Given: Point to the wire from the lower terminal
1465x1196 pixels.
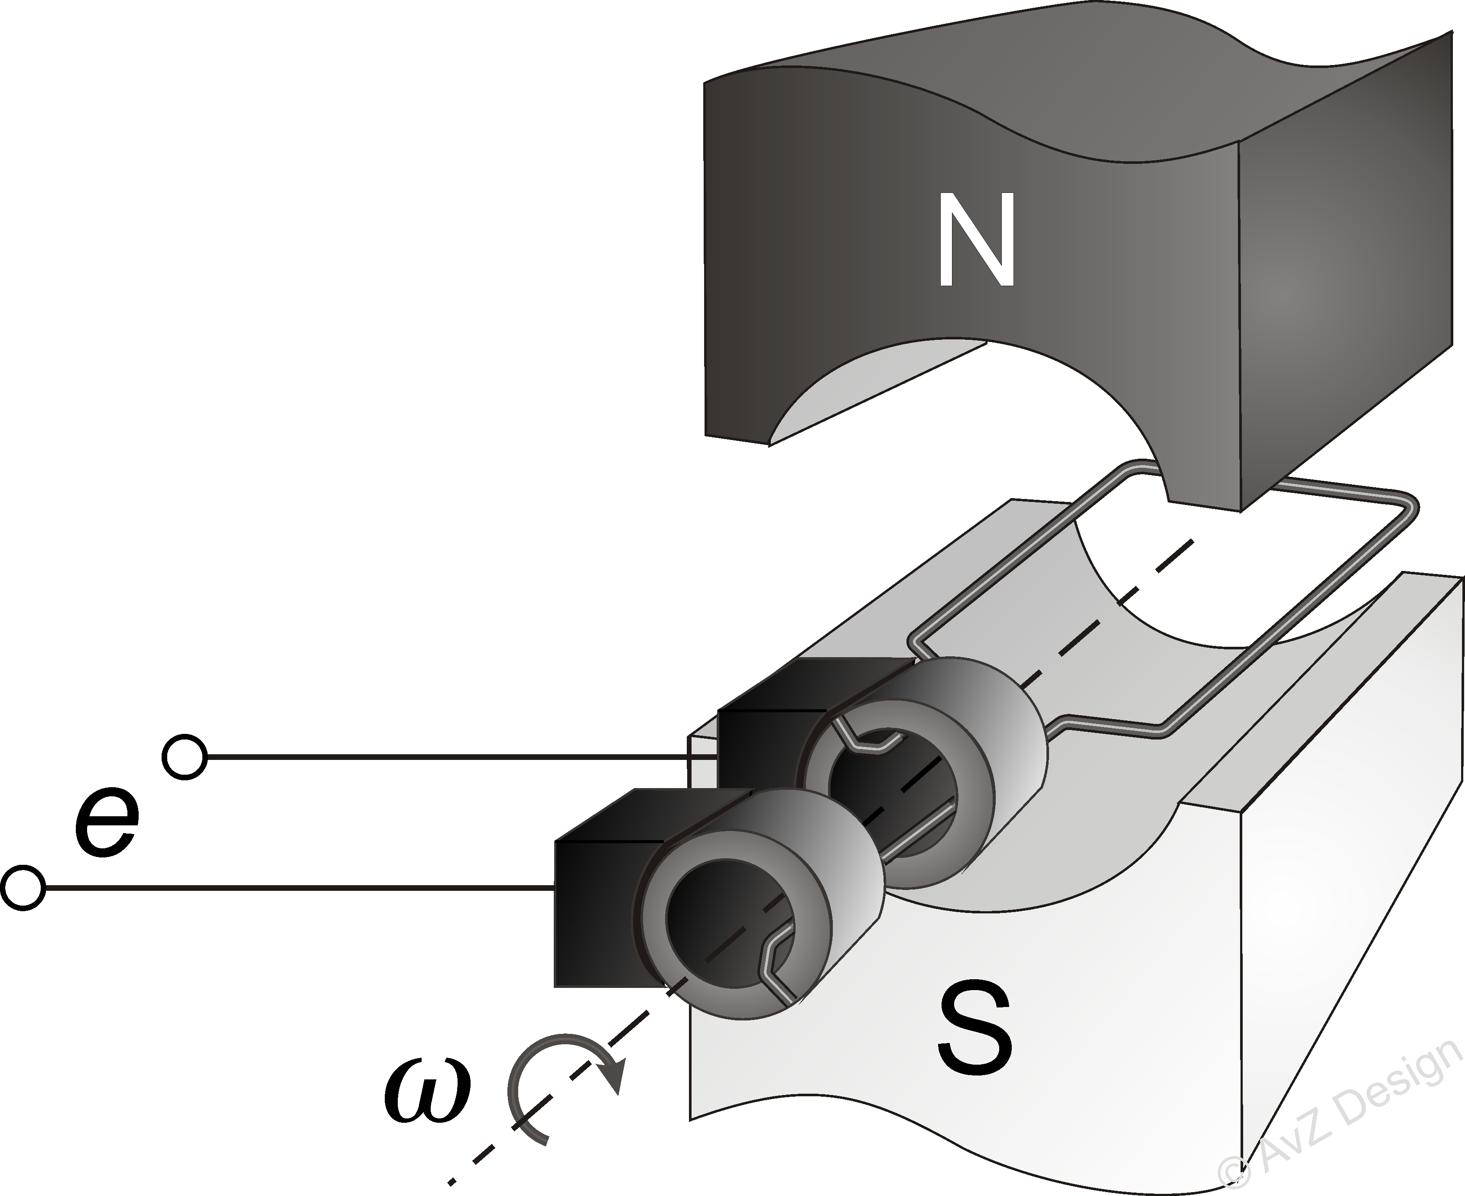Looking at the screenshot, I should (x=296, y=888).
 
